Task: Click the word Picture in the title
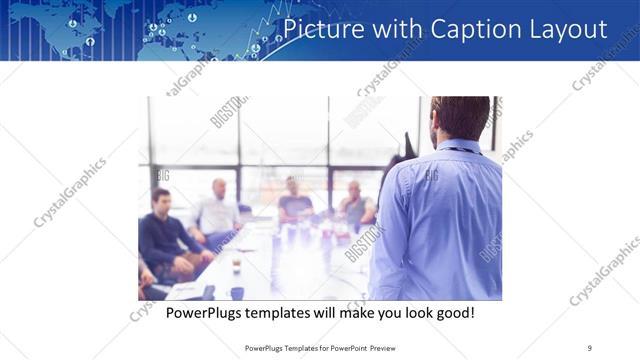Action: (319, 29)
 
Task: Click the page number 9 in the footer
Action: (589, 348)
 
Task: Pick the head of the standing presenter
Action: (462, 118)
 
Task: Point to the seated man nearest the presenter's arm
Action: (354, 205)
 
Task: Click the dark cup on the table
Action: (237, 292)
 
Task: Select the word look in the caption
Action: (421, 313)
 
